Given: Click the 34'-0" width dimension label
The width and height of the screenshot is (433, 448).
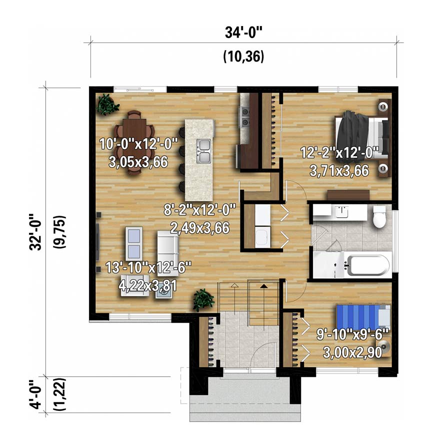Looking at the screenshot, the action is click(243, 32).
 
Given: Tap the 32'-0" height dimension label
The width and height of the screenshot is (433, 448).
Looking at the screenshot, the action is click(35, 232).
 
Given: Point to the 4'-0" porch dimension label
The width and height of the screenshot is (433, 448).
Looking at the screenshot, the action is click(35, 394).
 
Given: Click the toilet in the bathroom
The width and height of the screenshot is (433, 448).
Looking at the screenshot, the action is click(379, 217).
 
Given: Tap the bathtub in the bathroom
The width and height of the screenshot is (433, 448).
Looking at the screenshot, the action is click(367, 265).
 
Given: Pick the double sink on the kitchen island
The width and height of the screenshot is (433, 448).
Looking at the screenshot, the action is click(203, 152).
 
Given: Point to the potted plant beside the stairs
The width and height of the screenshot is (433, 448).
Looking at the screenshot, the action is click(203, 300).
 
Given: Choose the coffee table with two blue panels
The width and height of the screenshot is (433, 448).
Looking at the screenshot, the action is click(134, 243).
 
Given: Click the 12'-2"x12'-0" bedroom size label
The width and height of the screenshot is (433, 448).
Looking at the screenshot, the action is click(339, 152).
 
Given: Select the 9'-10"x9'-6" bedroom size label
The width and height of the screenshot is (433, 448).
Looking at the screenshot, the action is click(352, 334).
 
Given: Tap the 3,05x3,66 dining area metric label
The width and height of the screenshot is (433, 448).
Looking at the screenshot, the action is click(138, 162).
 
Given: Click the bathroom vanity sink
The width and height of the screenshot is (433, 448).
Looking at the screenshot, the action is click(341, 212).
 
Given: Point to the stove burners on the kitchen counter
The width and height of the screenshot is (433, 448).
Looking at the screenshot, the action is click(244, 117).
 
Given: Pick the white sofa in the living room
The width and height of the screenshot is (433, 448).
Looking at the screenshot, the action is click(168, 253).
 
